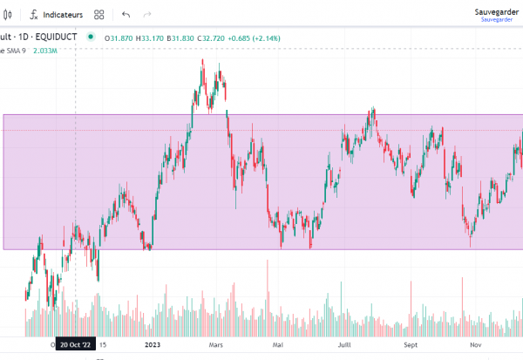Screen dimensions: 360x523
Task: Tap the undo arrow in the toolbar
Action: [x=126, y=15]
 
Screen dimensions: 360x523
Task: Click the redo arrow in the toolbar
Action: [x=146, y=15]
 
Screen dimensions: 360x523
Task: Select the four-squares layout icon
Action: [x=99, y=15]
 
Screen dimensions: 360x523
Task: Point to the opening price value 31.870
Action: [x=120, y=37]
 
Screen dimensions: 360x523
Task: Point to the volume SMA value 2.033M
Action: [x=45, y=51]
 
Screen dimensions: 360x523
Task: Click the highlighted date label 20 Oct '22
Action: [x=75, y=344]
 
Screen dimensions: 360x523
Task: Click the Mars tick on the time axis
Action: [x=217, y=344]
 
